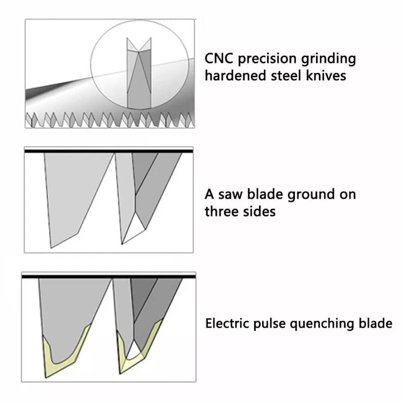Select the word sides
click(260, 211)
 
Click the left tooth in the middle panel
click(76, 197)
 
